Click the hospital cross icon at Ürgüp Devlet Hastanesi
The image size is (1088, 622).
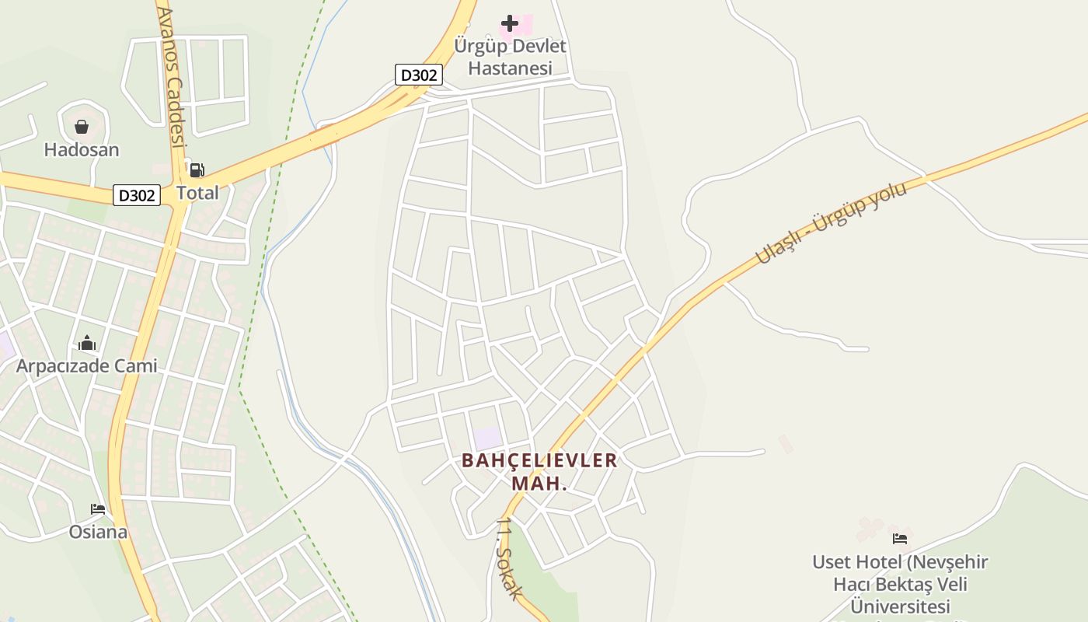pyautogui.click(x=509, y=23)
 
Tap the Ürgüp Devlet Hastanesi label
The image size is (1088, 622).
pyautogui.click(x=511, y=57)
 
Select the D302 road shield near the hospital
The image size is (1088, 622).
pyautogui.click(x=419, y=75)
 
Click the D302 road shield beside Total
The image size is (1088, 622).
pyautogui.click(x=137, y=195)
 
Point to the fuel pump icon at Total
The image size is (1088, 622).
pyautogui.click(x=197, y=170)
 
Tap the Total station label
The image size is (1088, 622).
pyautogui.click(x=197, y=192)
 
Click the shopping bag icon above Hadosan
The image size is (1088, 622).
pyautogui.click(x=82, y=126)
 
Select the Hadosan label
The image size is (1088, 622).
pyautogui.click(x=82, y=149)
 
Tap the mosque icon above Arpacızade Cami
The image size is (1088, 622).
pyautogui.click(x=87, y=343)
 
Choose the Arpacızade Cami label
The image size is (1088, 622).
pyautogui.click(x=87, y=365)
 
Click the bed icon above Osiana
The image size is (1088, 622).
pyautogui.click(x=98, y=509)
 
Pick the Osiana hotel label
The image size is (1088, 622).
pyautogui.click(x=98, y=532)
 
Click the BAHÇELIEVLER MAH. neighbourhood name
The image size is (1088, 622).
pyautogui.click(x=539, y=471)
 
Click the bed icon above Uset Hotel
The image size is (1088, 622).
pyautogui.click(x=900, y=538)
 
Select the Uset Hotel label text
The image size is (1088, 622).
pyautogui.click(x=900, y=583)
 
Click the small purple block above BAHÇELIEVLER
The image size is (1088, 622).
pyautogui.click(x=487, y=438)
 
